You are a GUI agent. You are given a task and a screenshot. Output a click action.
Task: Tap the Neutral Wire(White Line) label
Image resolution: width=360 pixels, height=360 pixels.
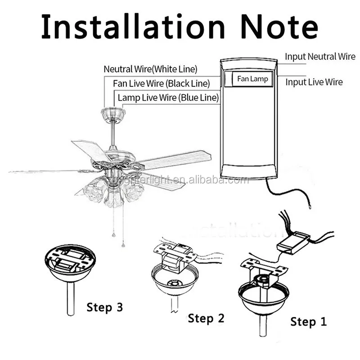tap(150, 69)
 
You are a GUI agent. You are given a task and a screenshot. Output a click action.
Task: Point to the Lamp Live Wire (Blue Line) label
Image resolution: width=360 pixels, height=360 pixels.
tap(168, 98)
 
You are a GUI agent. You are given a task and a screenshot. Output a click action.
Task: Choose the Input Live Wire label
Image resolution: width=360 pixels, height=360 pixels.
tap(314, 82)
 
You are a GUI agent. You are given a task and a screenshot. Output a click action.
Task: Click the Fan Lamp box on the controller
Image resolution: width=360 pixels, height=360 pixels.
tap(252, 79)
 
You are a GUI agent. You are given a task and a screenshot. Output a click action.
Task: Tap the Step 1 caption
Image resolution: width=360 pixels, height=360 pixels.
tap(308, 321)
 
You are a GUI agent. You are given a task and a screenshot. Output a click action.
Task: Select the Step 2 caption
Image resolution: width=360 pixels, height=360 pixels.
tap(206, 318)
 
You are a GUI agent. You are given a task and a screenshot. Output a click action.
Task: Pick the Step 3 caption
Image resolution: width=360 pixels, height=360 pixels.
tap(104, 307)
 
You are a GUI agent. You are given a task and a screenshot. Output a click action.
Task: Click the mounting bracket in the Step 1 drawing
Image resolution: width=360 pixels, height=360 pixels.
tap(264, 269)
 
